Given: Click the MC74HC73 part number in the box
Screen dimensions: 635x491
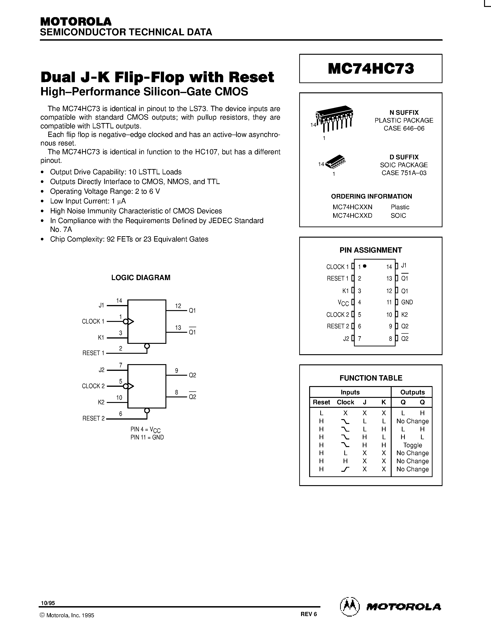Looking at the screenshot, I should [x=371, y=69].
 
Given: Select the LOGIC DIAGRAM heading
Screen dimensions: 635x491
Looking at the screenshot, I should [x=141, y=278].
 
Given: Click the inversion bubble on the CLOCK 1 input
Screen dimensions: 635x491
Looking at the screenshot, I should [x=126, y=322].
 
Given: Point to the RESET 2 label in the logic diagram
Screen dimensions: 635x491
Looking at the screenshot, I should [x=93, y=418].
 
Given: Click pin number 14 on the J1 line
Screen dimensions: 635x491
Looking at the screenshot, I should [x=119, y=301].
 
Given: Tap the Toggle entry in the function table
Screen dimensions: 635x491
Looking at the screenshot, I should [x=412, y=445].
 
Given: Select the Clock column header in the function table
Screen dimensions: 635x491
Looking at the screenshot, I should [x=345, y=402].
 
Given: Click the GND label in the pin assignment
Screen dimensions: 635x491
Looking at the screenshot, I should [x=407, y=302].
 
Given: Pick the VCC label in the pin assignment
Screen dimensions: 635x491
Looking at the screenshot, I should [x=343, y=303].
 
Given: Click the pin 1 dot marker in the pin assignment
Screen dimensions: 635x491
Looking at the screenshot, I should [x=365, y=266].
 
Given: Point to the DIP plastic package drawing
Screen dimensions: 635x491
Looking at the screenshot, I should [x=335, y=118].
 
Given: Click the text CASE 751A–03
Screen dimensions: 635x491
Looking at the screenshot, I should [x=404, y=173].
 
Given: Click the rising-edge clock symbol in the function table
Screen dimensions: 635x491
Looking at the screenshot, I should [x=345, y=469].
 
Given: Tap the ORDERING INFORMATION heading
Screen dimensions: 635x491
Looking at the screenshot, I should [x=372, y=196].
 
